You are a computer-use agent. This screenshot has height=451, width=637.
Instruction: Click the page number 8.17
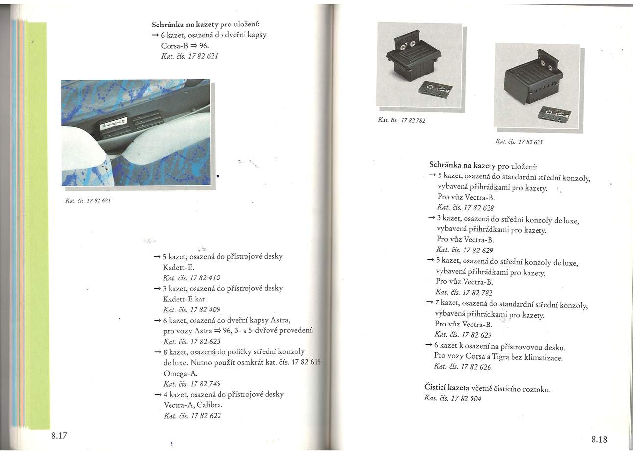[x=59, y=435]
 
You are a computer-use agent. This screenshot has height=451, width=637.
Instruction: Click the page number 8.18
[x=599, y=439]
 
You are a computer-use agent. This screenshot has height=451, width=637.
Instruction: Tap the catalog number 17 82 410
[x=192, y=278]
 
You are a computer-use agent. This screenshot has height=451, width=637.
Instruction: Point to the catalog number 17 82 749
[x=192, y=384]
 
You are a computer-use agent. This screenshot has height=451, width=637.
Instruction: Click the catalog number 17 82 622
[x=193, y=416]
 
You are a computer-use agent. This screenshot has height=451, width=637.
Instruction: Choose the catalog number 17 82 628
[x=465, y=208]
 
